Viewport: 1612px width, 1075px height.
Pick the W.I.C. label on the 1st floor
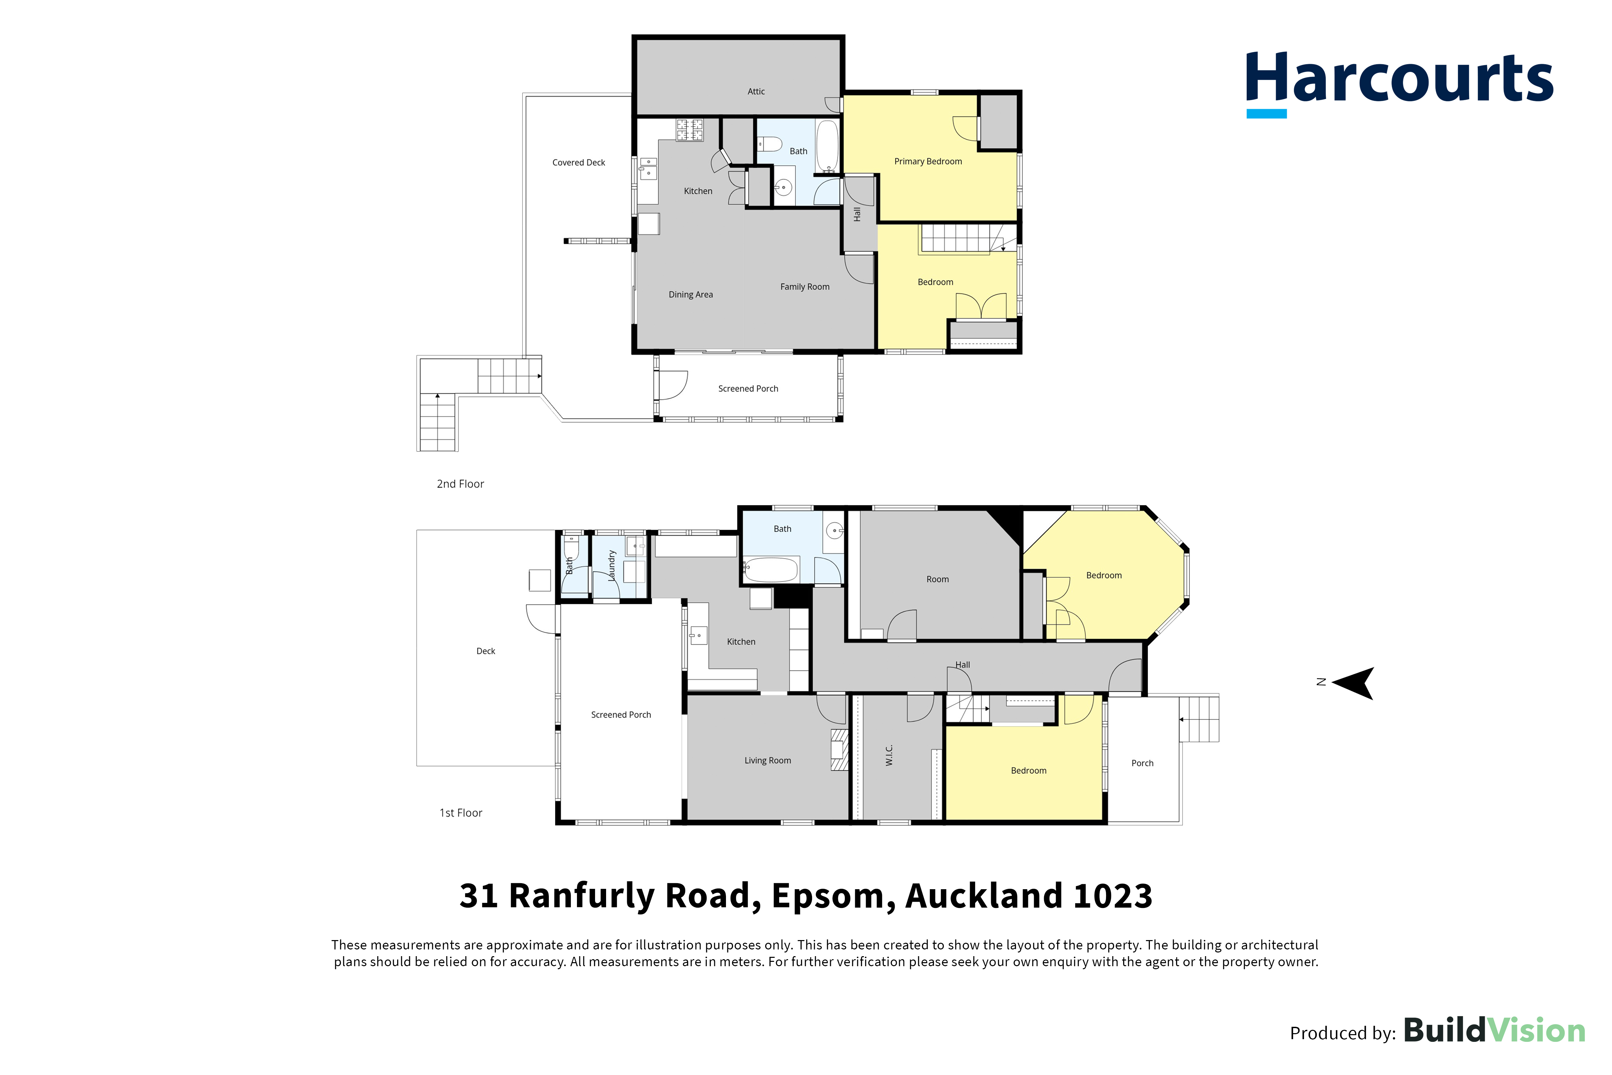[x=889, y=756]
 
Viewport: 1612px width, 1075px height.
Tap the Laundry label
[x=611, y=565]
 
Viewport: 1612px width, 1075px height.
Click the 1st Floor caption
[x=461, y=813]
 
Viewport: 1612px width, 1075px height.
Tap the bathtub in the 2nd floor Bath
[x=828, y=147]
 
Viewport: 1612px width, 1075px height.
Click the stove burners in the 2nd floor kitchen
[x=690, y=130]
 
